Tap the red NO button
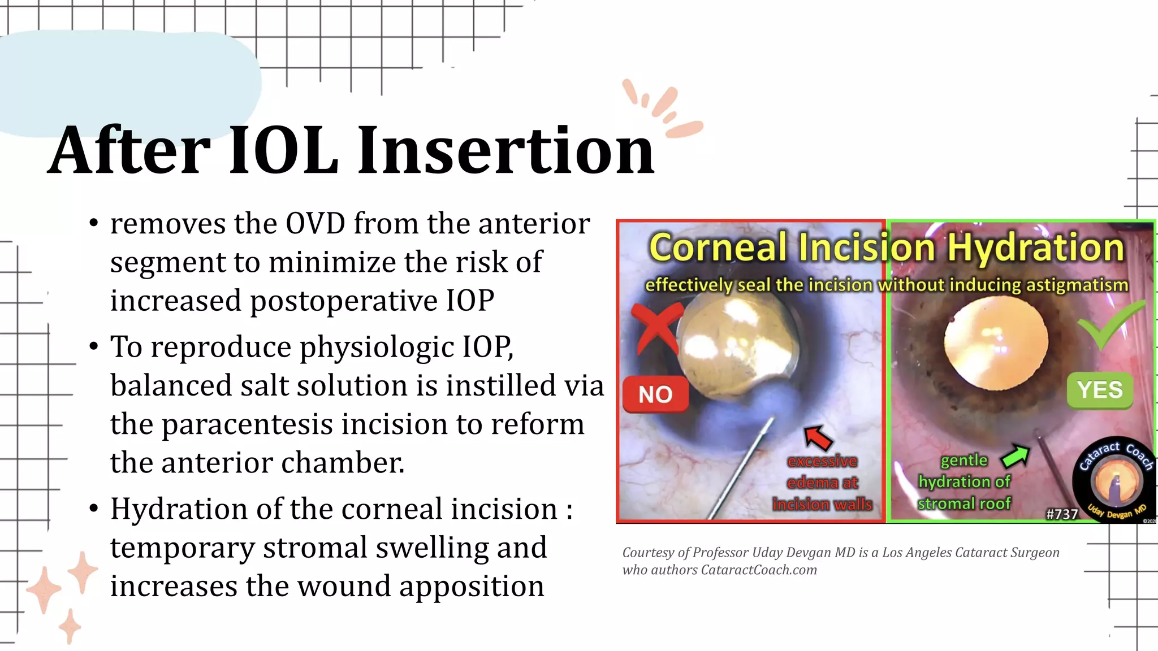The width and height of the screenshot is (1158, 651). [655, 394]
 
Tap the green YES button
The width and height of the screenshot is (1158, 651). [1099, 390]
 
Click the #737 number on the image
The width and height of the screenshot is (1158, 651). [1061, 514]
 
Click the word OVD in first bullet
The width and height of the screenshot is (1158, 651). [315, 224]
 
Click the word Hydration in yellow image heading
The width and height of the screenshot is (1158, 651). [1035, 248]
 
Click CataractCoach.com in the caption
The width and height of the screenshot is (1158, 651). [759, 570]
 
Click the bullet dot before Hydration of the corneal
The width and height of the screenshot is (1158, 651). [94, 509]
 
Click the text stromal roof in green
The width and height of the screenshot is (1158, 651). [963, 503]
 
